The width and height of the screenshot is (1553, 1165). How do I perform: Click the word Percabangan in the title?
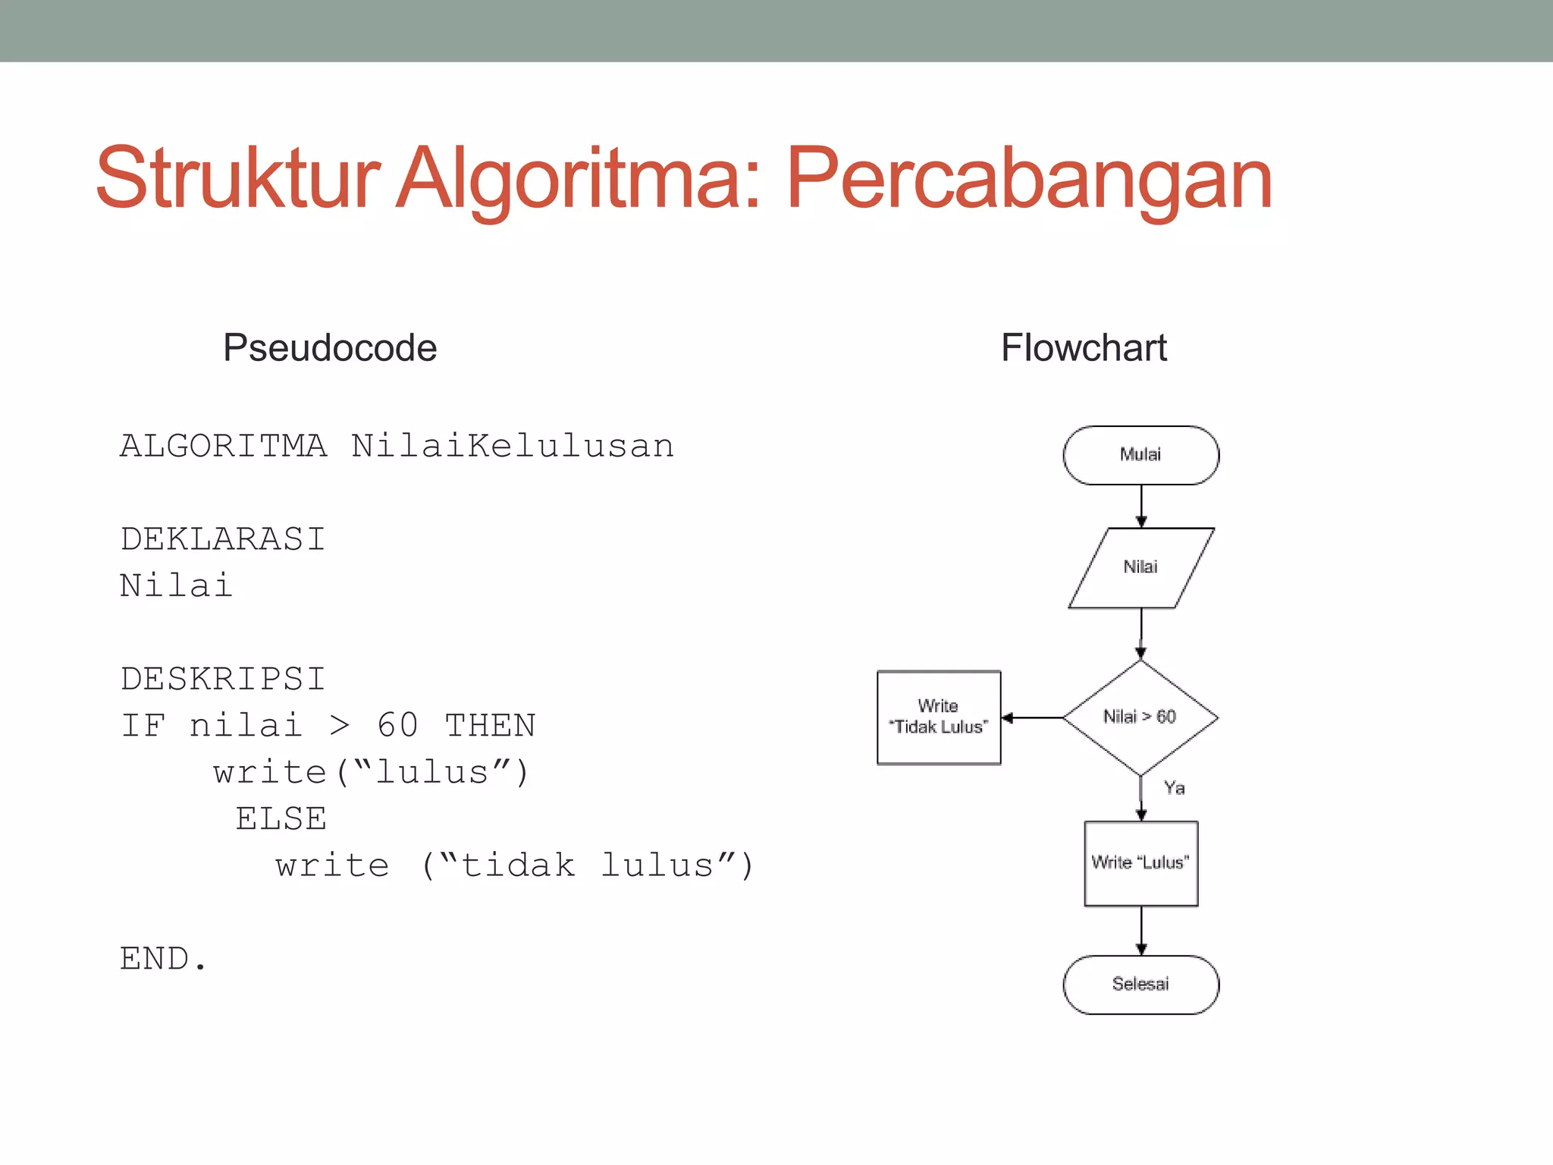tap(1028, 179)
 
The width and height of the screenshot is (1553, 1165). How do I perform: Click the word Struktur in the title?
tap(237, 179)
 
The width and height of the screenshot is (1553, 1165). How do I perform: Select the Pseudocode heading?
tap(330, 348)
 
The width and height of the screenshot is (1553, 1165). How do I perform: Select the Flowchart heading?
tap(1084, 348)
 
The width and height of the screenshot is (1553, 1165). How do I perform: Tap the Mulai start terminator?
tap(1140, 455)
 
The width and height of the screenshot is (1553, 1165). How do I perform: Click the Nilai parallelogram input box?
tap(1140, 567)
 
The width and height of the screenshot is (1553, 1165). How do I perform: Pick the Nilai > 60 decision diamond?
tap(1140, 717)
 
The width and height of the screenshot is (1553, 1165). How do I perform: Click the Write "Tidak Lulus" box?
tap(939, 718)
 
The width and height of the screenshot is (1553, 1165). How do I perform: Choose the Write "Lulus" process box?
tap(1140, 863)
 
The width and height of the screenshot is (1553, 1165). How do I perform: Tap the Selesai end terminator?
tap(1140, 984)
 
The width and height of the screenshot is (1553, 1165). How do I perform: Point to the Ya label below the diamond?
tap(1175, 788)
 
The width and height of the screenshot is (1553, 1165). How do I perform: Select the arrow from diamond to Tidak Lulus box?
tap(1032, 718)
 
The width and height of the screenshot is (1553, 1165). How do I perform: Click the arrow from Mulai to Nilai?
tap(1141, 506)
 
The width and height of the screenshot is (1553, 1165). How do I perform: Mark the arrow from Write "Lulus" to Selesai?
tap(1141, 931)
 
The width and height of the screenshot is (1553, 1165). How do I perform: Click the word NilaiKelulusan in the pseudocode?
tap(513, 446)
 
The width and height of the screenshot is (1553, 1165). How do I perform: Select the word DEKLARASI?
tap(223, 539)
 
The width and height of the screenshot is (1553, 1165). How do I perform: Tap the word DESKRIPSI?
tap(223, 679)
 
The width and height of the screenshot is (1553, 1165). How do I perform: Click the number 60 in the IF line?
tap(397, 726)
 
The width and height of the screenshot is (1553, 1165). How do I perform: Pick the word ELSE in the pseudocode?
tap(281, 819)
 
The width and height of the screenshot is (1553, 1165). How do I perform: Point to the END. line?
tap(163, 959)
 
